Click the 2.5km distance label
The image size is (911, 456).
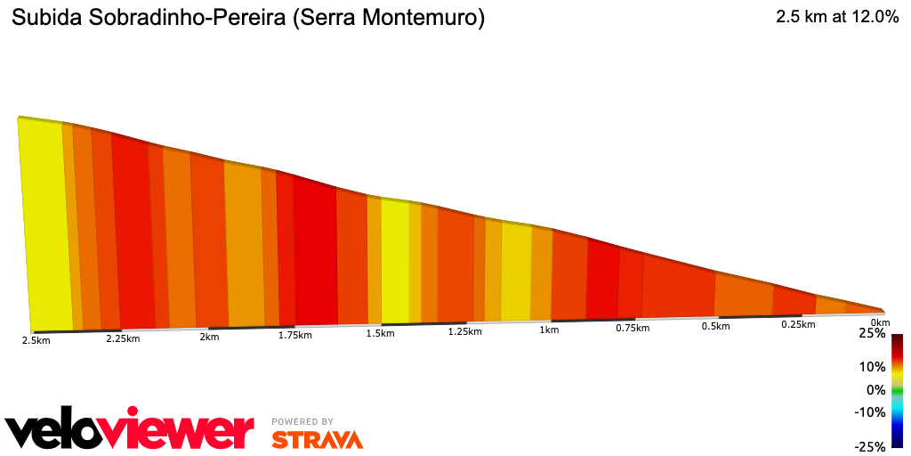tap(36, 339)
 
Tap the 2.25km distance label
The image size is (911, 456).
tap(124, 338)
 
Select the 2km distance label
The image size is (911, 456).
tap(209, 337)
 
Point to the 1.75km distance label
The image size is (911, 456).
tap(295, 335)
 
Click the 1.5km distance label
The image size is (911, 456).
tap(380, 333)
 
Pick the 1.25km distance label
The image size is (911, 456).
tap(464, 331)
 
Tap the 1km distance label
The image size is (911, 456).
tap(549, 330)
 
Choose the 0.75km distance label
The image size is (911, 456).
tap(633, 328)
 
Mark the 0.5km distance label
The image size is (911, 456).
tap(716, 326)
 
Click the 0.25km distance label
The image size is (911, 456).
tap(798, 324)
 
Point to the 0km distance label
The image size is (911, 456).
tap(880, 322)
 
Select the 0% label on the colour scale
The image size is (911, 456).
tap(876, 389)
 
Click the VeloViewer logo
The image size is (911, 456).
tap(130, 431)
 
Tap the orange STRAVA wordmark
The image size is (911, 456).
tap(317, 439)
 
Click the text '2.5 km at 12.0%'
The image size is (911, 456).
tap(837, 17)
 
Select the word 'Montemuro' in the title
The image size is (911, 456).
tap(426, 18)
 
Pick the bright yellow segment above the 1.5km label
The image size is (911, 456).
tap(395, 260)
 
